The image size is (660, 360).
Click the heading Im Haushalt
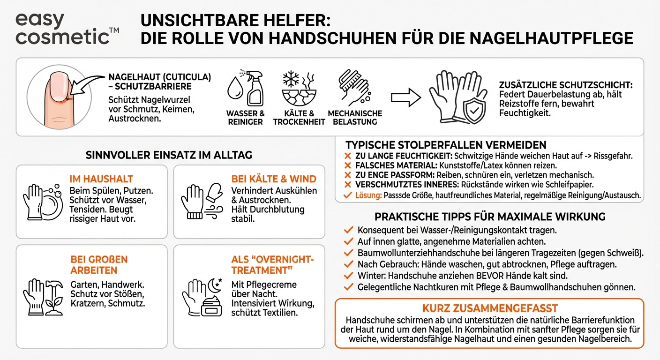101,179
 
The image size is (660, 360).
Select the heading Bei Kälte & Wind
274,179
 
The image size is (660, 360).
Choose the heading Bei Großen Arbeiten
99,265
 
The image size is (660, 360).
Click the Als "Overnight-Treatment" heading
273,265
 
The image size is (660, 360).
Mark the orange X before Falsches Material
347,165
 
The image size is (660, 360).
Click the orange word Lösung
369,195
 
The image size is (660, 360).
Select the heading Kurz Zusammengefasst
490,308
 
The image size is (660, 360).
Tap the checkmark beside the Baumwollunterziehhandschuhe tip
348,253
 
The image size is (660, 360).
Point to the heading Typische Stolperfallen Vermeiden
446,145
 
